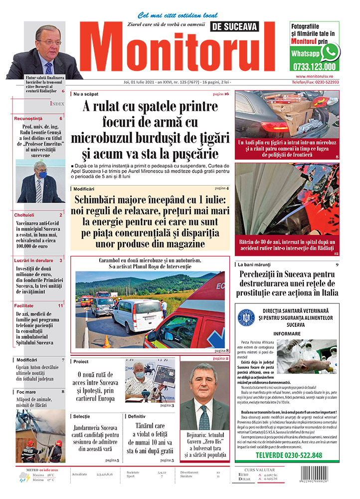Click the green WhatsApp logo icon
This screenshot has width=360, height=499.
click(x=330, y=51)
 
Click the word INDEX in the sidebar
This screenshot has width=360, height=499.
click(x=56, y=103)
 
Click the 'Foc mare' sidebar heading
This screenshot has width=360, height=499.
click(x=26, y=392)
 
